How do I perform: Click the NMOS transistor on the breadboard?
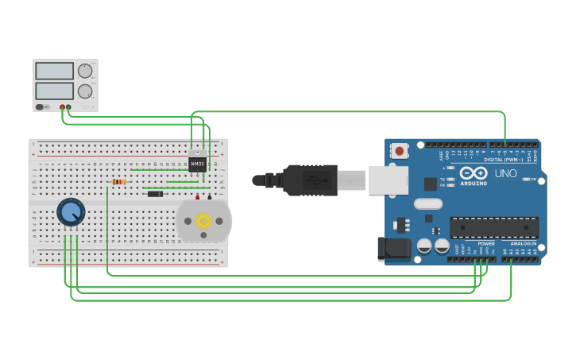tap(198, 164)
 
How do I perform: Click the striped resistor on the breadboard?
tap(119, 182)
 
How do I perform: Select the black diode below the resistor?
tap(155, 194)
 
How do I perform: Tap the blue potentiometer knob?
tap(71, 212)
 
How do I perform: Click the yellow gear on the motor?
tap(203, 220)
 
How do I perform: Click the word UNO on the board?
tap(505, 173)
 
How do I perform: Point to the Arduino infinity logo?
tap(474, 172)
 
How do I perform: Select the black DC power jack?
tap(393, 249)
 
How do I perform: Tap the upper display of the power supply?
tap(55, 71)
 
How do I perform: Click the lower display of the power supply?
tap(55, 91)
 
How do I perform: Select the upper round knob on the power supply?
tap(85, 71)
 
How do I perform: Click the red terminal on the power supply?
tap(62, 106)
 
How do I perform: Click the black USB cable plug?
tap(309, 180)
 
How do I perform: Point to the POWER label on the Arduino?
tap(486, 243)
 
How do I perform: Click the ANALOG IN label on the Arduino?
tap(523, 243)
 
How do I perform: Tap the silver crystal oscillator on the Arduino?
tap(427, 203)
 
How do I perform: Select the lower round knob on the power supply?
tap(85, 91)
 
